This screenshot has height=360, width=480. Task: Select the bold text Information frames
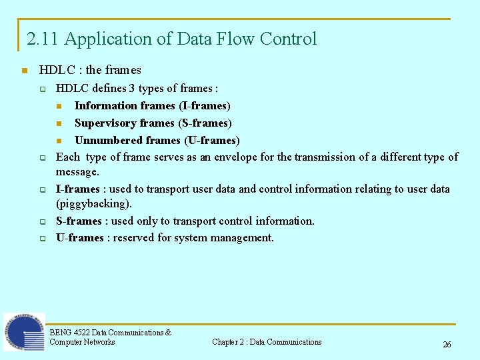point(125,106)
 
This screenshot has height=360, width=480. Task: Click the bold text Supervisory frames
point(125,123)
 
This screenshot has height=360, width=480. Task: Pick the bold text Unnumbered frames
point(127,141)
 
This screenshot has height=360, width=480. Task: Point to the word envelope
point(251,157)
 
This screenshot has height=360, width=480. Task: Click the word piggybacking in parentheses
point(94,204)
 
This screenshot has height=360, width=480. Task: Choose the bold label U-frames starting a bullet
point(79,238)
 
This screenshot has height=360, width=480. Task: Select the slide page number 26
point(447,345)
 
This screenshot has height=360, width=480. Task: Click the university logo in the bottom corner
point(24,332)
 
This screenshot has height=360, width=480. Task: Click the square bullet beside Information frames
point(59,106)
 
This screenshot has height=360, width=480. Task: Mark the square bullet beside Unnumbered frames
point(59,141)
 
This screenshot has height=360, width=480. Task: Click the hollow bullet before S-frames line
point(41,221)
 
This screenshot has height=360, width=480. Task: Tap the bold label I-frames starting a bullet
point(77,189)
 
